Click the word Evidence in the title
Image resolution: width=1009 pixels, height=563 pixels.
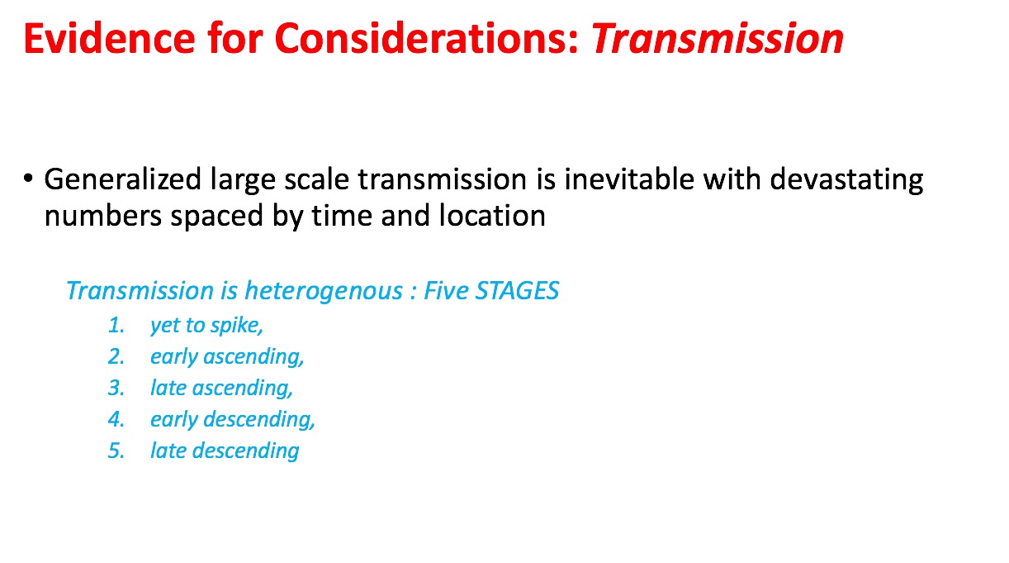110,38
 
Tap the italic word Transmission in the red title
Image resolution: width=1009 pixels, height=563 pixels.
717,38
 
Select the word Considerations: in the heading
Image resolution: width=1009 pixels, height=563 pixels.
426,38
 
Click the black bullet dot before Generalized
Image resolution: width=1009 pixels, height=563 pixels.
28,179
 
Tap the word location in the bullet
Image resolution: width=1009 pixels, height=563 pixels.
492,215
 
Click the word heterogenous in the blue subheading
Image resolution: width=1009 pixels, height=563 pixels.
324,291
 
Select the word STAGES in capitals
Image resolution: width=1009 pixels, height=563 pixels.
517,290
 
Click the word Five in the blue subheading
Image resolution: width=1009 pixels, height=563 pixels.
446,290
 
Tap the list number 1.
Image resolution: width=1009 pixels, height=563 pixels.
116,325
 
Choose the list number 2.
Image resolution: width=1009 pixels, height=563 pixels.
116,357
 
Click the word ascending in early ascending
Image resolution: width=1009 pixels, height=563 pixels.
253,357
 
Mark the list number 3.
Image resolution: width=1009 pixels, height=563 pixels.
116,388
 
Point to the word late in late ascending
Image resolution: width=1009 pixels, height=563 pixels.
168,388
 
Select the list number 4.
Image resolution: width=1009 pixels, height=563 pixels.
116,419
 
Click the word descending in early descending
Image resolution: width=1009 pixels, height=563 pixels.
259,419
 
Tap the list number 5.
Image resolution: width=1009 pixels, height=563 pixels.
116,451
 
